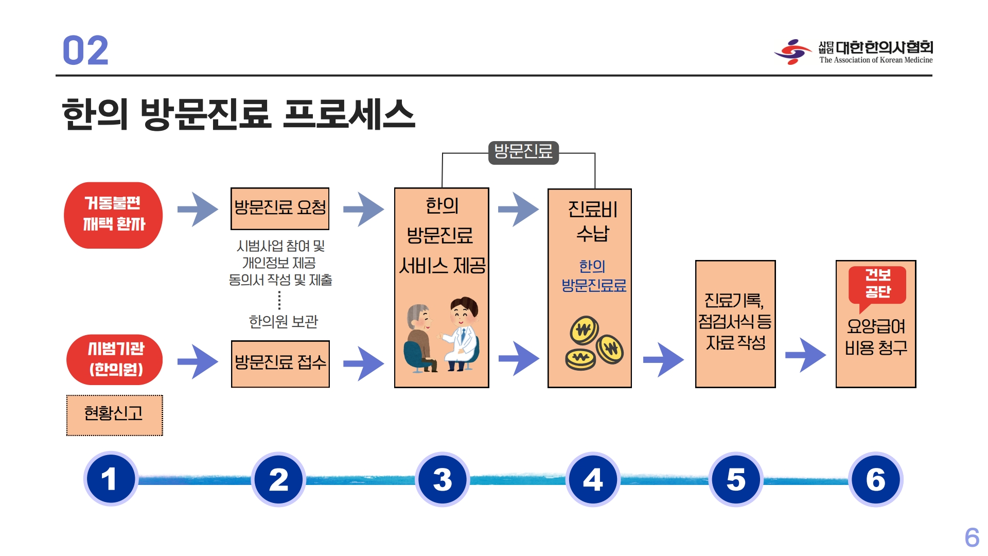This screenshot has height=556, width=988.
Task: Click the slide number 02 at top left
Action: click(x=85, y=50)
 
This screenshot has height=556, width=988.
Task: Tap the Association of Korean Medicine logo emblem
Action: click(x=792, y=51)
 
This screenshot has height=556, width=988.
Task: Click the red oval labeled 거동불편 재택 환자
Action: click(x=113, y=215)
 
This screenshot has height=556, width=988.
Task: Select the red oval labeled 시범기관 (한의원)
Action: click(x=115, y=359)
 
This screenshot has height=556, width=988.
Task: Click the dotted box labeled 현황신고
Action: click(x=114, y=415)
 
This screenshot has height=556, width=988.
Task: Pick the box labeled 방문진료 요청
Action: click(x=280, y=208)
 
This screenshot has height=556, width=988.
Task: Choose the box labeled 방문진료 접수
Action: click(x=280, y=363)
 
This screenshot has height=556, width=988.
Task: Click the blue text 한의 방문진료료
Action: click(x=593, y=276)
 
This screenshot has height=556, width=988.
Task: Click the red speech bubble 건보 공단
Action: click(x=877, y=284)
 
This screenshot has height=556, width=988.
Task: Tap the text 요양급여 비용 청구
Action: click(x=876, y=337)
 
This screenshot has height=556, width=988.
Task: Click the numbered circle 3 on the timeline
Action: click(x=442, y=479)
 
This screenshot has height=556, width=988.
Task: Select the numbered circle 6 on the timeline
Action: click(x=875, y=479)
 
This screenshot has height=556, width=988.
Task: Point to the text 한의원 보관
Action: click(x=283, y=322)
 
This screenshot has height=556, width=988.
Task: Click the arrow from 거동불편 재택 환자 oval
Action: click(x=197, y=209)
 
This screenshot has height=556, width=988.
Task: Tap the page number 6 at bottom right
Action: click(x=972, y=538)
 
